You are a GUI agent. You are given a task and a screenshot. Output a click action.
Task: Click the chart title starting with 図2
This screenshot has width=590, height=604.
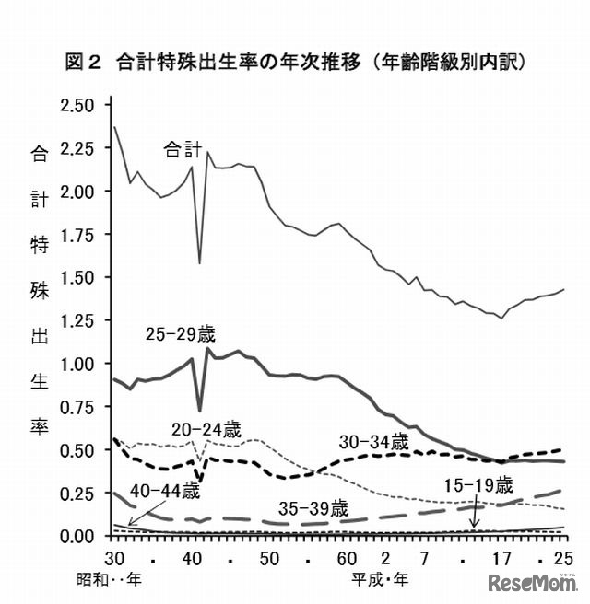295,63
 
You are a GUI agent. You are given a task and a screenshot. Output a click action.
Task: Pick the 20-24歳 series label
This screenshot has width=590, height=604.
206,429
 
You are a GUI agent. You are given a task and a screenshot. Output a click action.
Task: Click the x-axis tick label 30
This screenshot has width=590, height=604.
113,559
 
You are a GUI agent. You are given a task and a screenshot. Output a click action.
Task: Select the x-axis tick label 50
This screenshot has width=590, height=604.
269,559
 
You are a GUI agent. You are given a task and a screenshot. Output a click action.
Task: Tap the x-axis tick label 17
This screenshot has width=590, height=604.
501,559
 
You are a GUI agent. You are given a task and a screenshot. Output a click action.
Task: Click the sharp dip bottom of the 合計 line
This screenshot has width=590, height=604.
200,262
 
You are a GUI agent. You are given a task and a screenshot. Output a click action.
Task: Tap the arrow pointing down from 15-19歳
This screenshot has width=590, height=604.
475,512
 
